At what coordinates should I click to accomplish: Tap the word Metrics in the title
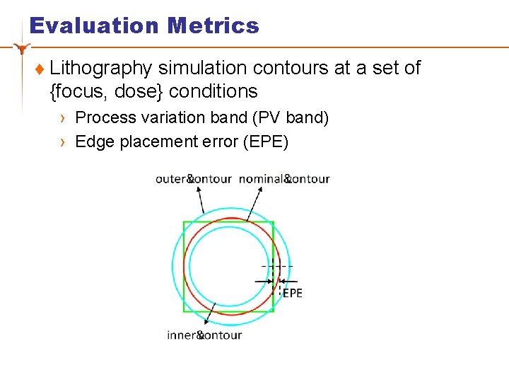pyautogui.click(x=213, y=26)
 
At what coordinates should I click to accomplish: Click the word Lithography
pyautogui.click(x=101, y=69)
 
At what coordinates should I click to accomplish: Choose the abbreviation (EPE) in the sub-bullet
pyautogui.click(x=266, y=141)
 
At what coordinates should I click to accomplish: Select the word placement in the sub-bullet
pyautogui.click(x=156, y=141)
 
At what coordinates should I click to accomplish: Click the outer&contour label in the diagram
pyautogui.click(x=193, y=179)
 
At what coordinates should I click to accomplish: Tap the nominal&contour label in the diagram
pyautogui.click(x=284, y=179)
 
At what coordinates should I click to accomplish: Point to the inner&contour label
pyautogui.click(x=204, y=335)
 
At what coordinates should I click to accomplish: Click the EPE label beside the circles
pyautogui.click(x=292, y=293)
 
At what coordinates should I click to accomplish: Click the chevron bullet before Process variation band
pyautogui.click(x=63, y=118)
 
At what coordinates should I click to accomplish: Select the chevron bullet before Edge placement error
pyautogui.click(x=63, y=142)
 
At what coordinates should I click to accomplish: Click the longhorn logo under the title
pyautogui.click(x=23, y=49)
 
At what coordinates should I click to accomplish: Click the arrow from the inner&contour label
pyautogui.click(x=212, y=314)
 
